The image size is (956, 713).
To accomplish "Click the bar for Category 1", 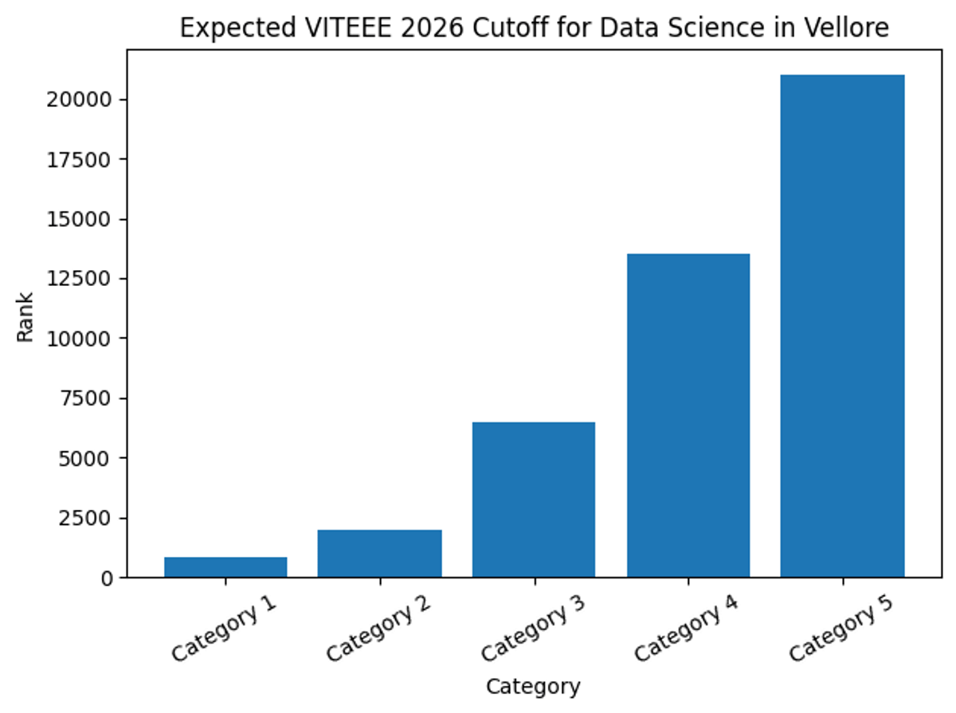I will [225, 566].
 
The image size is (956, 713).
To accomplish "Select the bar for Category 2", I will [379, 553].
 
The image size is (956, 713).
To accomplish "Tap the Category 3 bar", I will [534, 499].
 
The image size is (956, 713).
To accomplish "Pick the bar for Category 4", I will [688, 415].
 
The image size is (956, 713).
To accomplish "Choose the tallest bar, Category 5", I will [842, 326].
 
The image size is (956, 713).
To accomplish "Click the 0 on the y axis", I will [107, 578].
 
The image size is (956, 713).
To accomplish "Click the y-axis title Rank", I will [25, 316].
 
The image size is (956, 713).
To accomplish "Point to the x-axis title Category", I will [533, 686].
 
